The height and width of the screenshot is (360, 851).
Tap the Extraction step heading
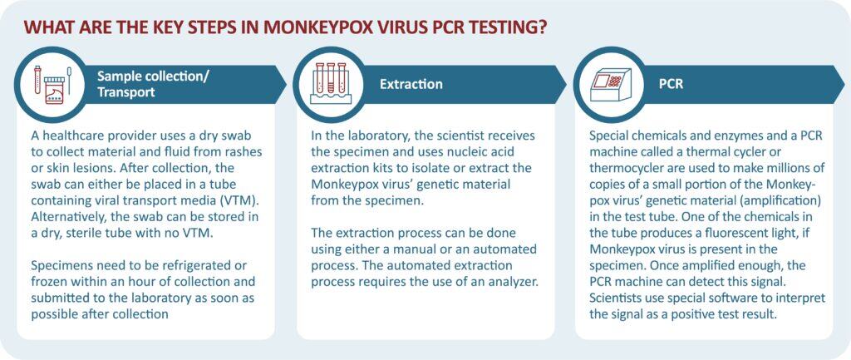[411, 84]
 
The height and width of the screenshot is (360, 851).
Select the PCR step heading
[671, 84]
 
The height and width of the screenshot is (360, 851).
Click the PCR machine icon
[611, 84]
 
